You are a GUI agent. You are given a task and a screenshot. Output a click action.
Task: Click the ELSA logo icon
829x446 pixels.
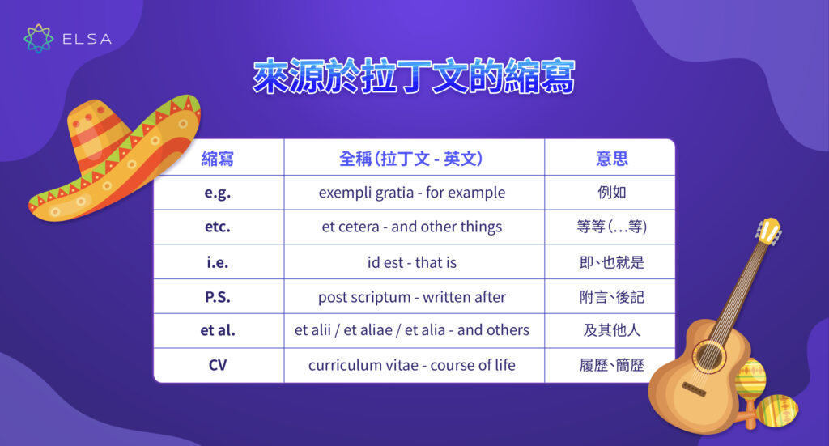(39, 38)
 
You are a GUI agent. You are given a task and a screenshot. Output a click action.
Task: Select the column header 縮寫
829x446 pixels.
(218, 158)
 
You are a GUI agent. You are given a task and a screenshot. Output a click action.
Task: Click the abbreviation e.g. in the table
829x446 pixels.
(218, 193)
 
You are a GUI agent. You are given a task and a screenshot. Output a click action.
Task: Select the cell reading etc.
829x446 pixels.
(218, 227)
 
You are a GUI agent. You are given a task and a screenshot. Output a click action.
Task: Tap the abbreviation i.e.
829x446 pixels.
(218, 262)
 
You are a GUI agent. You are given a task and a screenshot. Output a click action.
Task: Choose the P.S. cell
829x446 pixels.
(218, 297)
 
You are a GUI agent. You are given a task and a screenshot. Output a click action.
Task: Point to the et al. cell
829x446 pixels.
(218, 330)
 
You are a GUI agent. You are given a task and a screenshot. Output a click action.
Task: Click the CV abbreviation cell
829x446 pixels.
(218, 365)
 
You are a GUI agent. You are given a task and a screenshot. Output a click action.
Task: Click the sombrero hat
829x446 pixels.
(113, 162)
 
